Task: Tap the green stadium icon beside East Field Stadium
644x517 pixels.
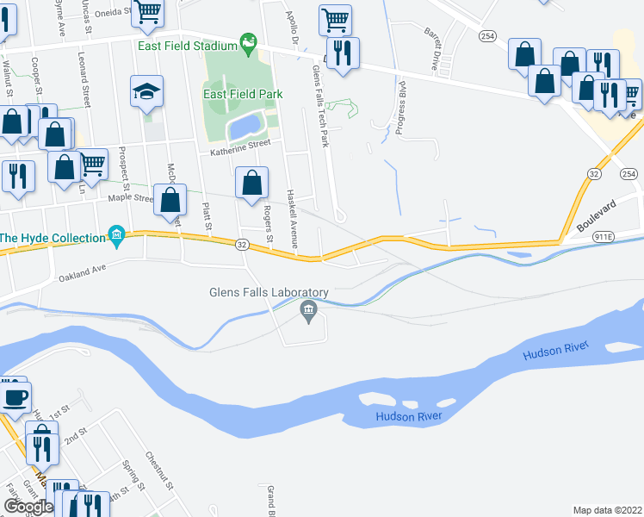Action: [249, 42]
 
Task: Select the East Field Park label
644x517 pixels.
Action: [243, 94]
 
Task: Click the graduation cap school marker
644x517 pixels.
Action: [147, 90]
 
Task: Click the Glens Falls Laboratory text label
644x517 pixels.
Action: [269, 292]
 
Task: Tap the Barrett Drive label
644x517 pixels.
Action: [431, 48]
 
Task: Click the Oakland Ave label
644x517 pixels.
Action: [82, 272]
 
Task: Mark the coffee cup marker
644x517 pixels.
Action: [15, 397]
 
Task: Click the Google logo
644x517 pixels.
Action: [29, 507]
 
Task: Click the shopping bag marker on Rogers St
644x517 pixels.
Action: [251, 184]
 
